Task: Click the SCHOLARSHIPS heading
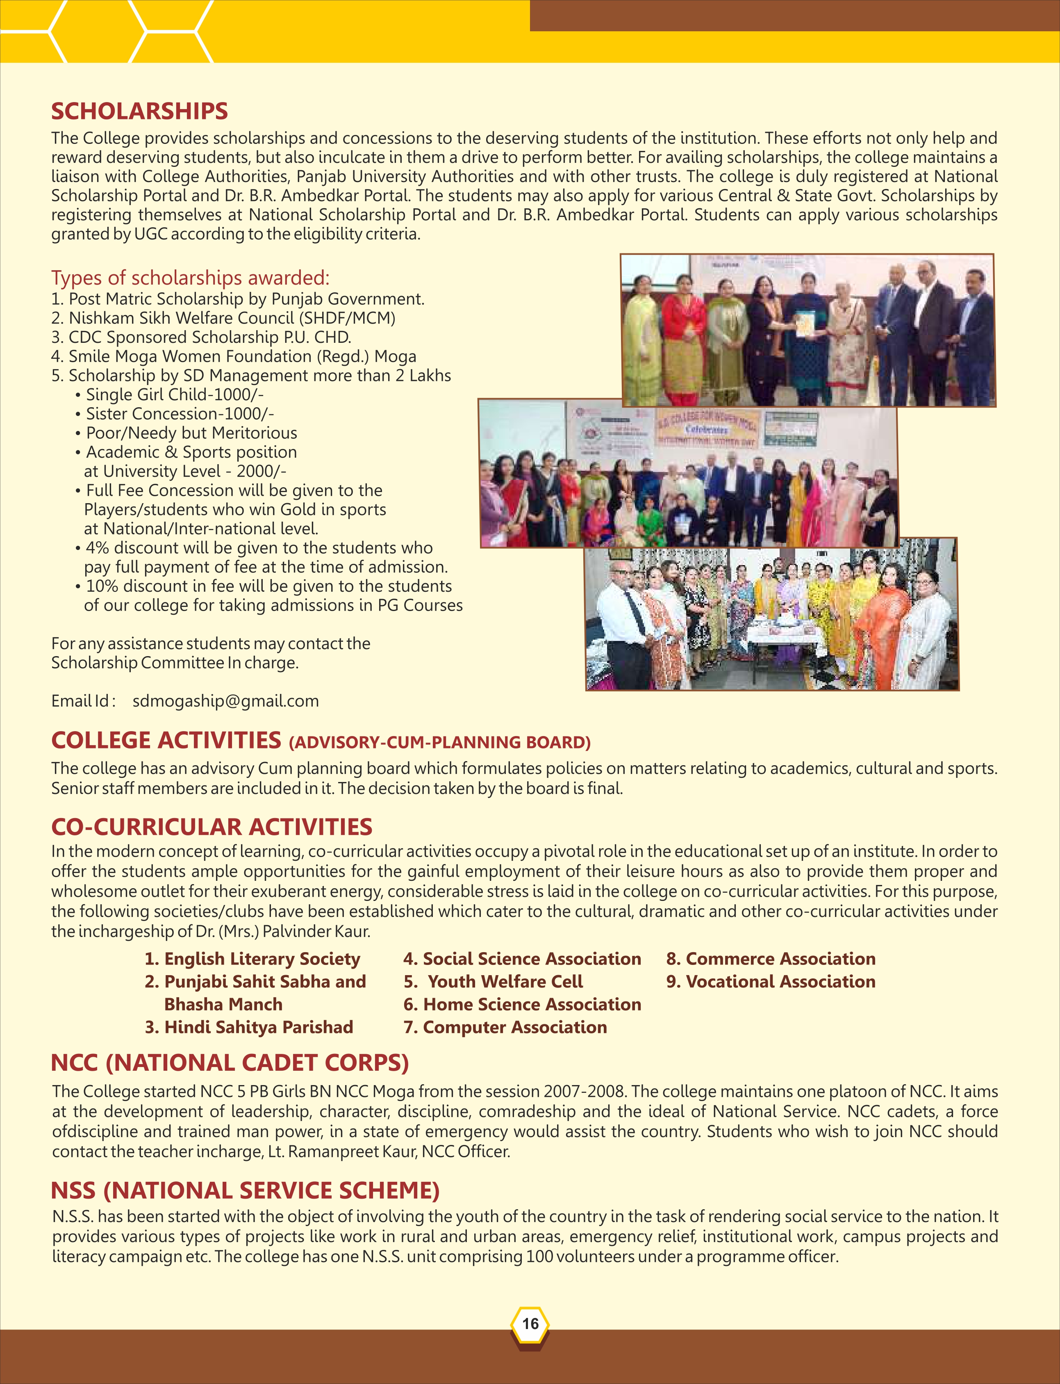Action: click(139, 111)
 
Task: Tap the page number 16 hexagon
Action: click(530, 1323)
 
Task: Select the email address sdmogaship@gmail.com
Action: click(225, 701)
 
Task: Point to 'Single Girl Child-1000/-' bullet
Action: click(174, 395)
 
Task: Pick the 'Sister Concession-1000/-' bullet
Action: click(179, 414)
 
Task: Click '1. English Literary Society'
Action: click(252, 959)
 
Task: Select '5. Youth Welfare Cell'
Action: click(494, 982)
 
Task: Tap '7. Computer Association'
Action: click(505, 1027)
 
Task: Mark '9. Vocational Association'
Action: click(771, 982)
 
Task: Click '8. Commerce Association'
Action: click(771, 959)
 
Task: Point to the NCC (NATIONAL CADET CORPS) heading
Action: click(230, 1063)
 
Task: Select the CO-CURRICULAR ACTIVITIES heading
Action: click(212, 827)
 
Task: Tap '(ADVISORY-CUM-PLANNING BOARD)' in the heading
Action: click(440, 742)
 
